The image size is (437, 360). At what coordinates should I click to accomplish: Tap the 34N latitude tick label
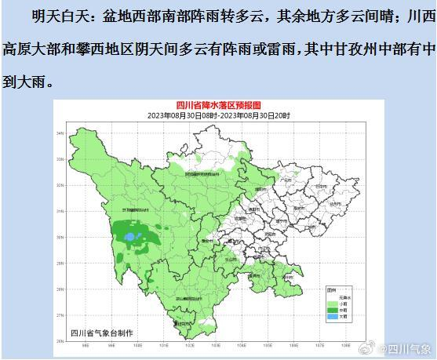point(60,133)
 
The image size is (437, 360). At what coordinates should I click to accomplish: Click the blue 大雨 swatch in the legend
point(330,318)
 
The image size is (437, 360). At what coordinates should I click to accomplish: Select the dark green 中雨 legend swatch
point(330,310)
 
